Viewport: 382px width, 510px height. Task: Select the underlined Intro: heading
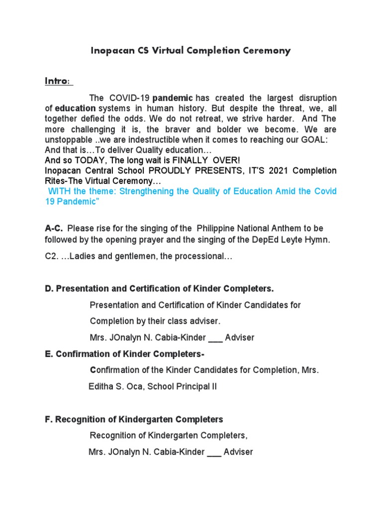point(58,81)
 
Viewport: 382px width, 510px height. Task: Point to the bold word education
point(75,108)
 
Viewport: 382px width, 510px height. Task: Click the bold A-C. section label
point(54,229)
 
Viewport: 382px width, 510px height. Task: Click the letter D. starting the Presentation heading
point(49,289)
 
